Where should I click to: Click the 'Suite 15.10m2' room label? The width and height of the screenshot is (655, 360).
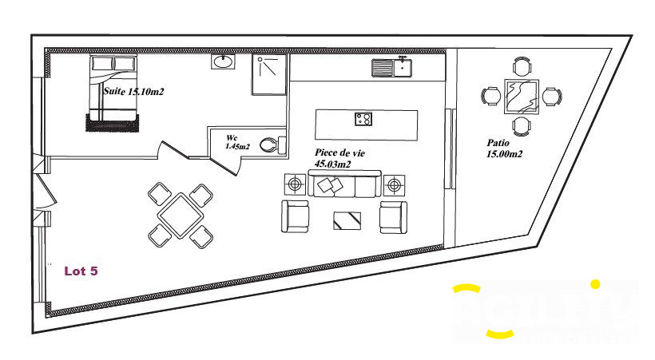pyautogui.click(x=133, y=92)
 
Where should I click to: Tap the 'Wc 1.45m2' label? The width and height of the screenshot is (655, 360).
pyautogui.click(x=237, y=142)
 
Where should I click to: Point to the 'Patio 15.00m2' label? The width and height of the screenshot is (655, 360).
pyautogui.click(x=504, y=148)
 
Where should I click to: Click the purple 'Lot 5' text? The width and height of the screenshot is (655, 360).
pyautogui.click(x=81, y=271)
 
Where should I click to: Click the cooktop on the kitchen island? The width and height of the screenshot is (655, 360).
pyautogui.click(x=363, y=120)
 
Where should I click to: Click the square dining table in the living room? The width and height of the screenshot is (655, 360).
pyautogui.click(x=181, y=214)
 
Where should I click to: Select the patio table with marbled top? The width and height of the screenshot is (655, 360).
pyautogui.click(x=521, y=97)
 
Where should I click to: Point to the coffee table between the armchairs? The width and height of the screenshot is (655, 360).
pyautogui.click(x=346, y=219)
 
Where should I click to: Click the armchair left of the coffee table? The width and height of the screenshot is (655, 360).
pyautogui.click(x=296, y=216)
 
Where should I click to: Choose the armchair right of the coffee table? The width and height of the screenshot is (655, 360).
pyautogui.click(x=393, y=216)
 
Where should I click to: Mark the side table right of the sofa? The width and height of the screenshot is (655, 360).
pyautogui.click(x=392, y=186)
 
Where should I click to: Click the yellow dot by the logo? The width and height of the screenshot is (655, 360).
pyautogui.click(x=594, y=283)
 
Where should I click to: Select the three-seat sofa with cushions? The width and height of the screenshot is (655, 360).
pyautogui.click(x=343, y=184)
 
